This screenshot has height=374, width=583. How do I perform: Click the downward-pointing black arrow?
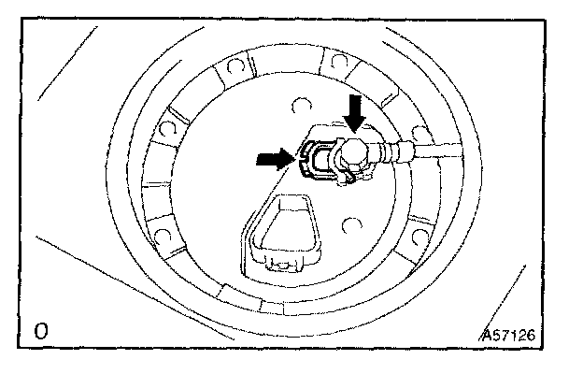(355, 112)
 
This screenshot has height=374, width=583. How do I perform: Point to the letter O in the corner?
(40, 330)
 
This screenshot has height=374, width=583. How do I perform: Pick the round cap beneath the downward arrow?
(356, 151)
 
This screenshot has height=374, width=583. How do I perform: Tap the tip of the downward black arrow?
(355, 132)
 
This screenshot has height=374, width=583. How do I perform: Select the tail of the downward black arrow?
(355, 94)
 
